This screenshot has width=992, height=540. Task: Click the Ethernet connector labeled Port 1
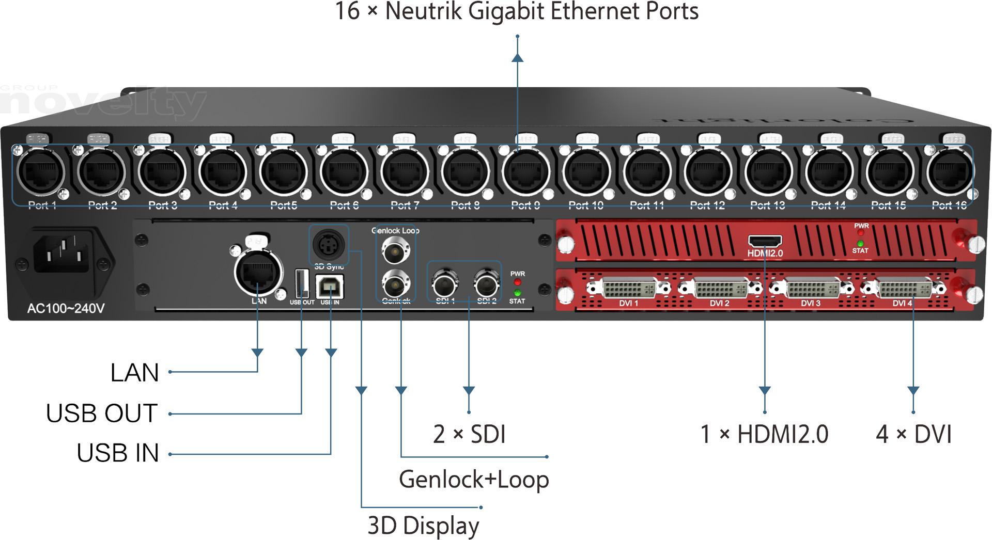pos(41,172)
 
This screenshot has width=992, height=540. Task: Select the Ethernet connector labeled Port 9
pos(526,172)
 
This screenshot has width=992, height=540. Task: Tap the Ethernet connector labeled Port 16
pos(950,172)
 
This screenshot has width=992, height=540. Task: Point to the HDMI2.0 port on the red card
pos(765,241)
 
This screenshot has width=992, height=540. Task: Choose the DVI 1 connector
pos(629,288)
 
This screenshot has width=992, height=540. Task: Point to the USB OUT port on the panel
pos(302,283)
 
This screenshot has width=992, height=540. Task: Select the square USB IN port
pos(329,287)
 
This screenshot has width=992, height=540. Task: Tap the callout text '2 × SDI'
pos(469,434)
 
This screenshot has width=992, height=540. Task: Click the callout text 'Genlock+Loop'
pos(473,480)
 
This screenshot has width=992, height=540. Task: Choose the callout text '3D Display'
pos(423,526)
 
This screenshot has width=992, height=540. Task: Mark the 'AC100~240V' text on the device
pos(66,309)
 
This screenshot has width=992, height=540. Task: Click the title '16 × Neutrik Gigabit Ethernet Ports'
pos(517,11)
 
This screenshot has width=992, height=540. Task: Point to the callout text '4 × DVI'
pos(913,434)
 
